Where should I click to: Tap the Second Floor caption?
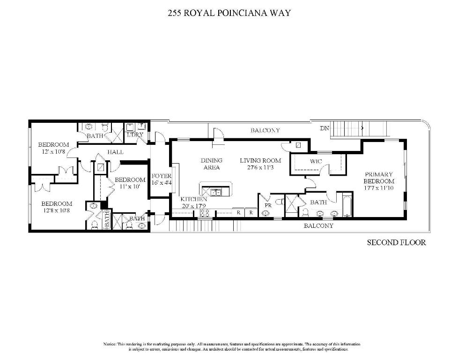[396, 242]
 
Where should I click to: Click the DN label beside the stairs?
[325, 128]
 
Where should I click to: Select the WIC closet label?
[316, 162]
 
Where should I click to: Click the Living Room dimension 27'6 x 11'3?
[260, 167]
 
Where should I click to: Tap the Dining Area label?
[211, 164]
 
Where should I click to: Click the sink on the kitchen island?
[216, 191]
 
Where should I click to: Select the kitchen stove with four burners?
[204, 213]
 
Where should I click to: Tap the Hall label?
[115, 152]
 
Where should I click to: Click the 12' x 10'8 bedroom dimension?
[53, 151]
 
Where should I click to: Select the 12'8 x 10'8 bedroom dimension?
[57, 210]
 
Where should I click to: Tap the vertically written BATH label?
[106, 219]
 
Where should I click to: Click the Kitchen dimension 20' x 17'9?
[194, 205]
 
